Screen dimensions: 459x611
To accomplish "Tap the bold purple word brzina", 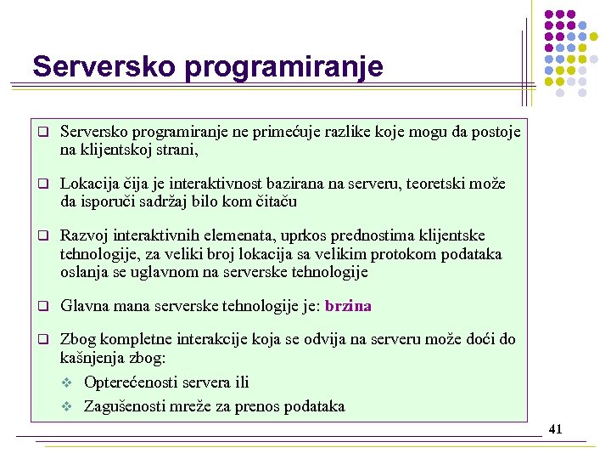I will (348, 306).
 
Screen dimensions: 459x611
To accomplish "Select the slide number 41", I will (556, 429).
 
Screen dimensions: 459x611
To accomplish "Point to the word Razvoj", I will (84, 235).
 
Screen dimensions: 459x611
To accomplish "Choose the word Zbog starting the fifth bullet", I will (79, 339).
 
